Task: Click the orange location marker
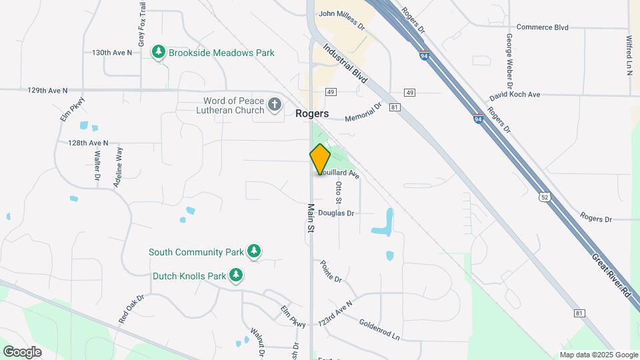click(320, 159)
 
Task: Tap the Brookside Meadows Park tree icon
click(159, 52)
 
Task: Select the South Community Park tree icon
click(253, 251)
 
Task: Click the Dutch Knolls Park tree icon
click(235, 275)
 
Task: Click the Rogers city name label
click(312, 113)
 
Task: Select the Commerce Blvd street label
click(543, 27)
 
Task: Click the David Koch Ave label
click(515, 95)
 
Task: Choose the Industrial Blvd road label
click(345, 63)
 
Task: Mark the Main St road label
click(311, 219)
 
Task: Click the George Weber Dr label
click(509, 62)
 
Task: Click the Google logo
click(22, 351)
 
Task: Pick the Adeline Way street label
click(119, 167)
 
